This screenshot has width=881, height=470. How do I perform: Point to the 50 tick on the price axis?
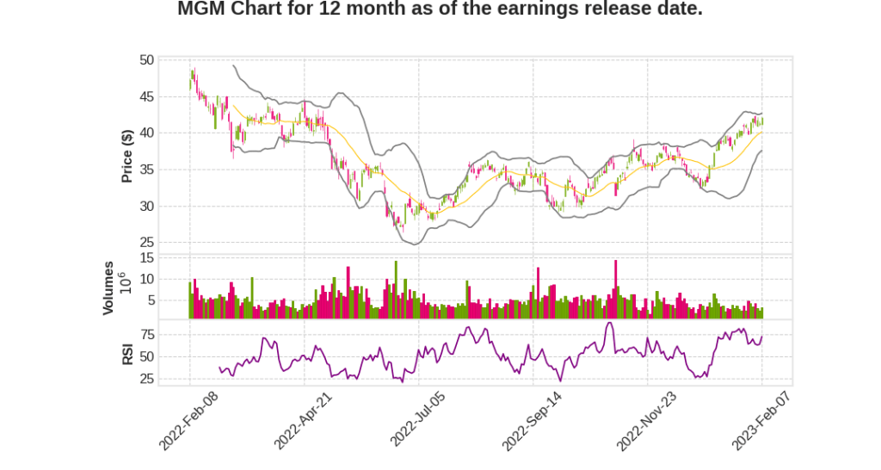(146, 60)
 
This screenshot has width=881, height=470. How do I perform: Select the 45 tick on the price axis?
(146, 96)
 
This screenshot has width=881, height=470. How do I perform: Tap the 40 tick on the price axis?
(146, 133)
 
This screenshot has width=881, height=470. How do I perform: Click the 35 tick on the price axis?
(146, 170)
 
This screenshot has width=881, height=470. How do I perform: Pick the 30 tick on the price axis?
(146, 206)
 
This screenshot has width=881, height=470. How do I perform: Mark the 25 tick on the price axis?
(146, 242)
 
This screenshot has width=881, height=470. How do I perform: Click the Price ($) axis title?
(126, 155)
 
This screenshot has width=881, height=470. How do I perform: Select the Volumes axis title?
(108, 288)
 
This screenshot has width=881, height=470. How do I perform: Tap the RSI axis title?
(126, 354)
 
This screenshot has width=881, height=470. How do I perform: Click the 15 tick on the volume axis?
(146, 257)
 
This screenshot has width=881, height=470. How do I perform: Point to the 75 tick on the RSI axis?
(146, 334)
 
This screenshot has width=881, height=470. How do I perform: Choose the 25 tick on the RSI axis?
(146, 378)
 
